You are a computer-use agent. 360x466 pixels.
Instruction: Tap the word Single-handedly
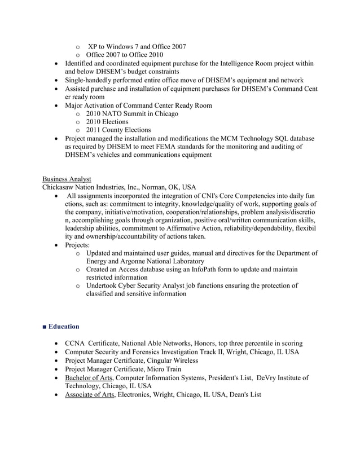coord(92,80)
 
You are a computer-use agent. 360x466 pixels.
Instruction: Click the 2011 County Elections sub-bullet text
coord(118,130)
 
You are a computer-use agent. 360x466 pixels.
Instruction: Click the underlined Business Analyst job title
coord(67,179)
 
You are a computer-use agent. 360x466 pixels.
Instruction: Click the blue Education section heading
coord(64,327)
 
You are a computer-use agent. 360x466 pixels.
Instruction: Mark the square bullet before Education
coord(45,327)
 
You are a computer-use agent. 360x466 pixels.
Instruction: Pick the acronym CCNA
coord(76,343)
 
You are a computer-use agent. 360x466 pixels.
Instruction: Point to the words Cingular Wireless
coord(173,360)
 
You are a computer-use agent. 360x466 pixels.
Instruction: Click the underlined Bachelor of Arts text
coord(90,377)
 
